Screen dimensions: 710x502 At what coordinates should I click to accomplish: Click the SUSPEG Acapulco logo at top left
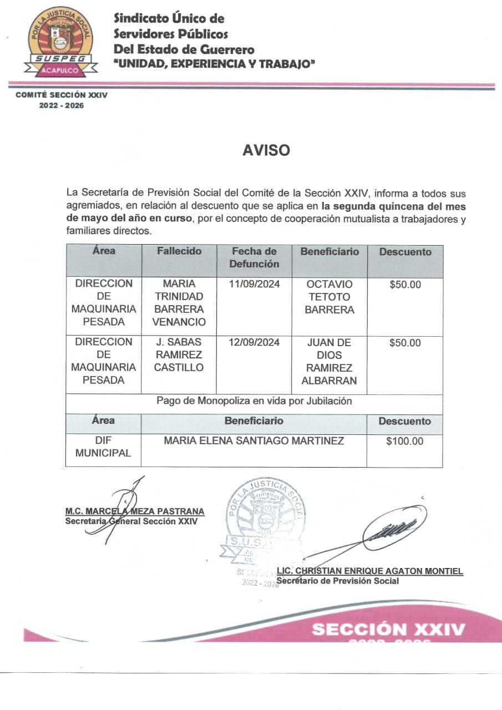point(61,42)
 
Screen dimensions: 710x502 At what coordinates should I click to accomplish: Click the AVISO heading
point(266,150)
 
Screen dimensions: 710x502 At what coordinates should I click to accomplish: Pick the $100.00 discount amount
point(404,442)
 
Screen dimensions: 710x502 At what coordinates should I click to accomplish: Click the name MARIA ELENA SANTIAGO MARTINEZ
point(253,442)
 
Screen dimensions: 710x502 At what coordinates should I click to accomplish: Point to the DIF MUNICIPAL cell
point(103,447)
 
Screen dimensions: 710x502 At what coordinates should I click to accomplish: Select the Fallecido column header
point(179,251)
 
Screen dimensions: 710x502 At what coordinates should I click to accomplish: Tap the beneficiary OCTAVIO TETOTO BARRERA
point(329,297)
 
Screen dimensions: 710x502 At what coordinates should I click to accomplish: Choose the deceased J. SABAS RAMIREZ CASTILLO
point(179,354)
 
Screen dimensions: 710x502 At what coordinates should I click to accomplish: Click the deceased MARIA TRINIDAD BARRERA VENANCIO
point(179,303)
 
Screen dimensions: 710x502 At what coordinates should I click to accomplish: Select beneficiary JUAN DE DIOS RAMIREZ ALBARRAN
point(329,361)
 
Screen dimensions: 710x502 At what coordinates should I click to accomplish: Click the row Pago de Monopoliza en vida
point(254,401)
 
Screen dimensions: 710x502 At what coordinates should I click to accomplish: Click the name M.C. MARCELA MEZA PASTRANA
point(135,511)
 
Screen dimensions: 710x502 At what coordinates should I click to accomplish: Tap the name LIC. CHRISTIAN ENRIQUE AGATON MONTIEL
point(369,571)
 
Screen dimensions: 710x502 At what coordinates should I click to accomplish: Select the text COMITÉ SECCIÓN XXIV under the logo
point(62,95)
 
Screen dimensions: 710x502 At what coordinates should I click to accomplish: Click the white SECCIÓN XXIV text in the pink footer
point(388,630)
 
